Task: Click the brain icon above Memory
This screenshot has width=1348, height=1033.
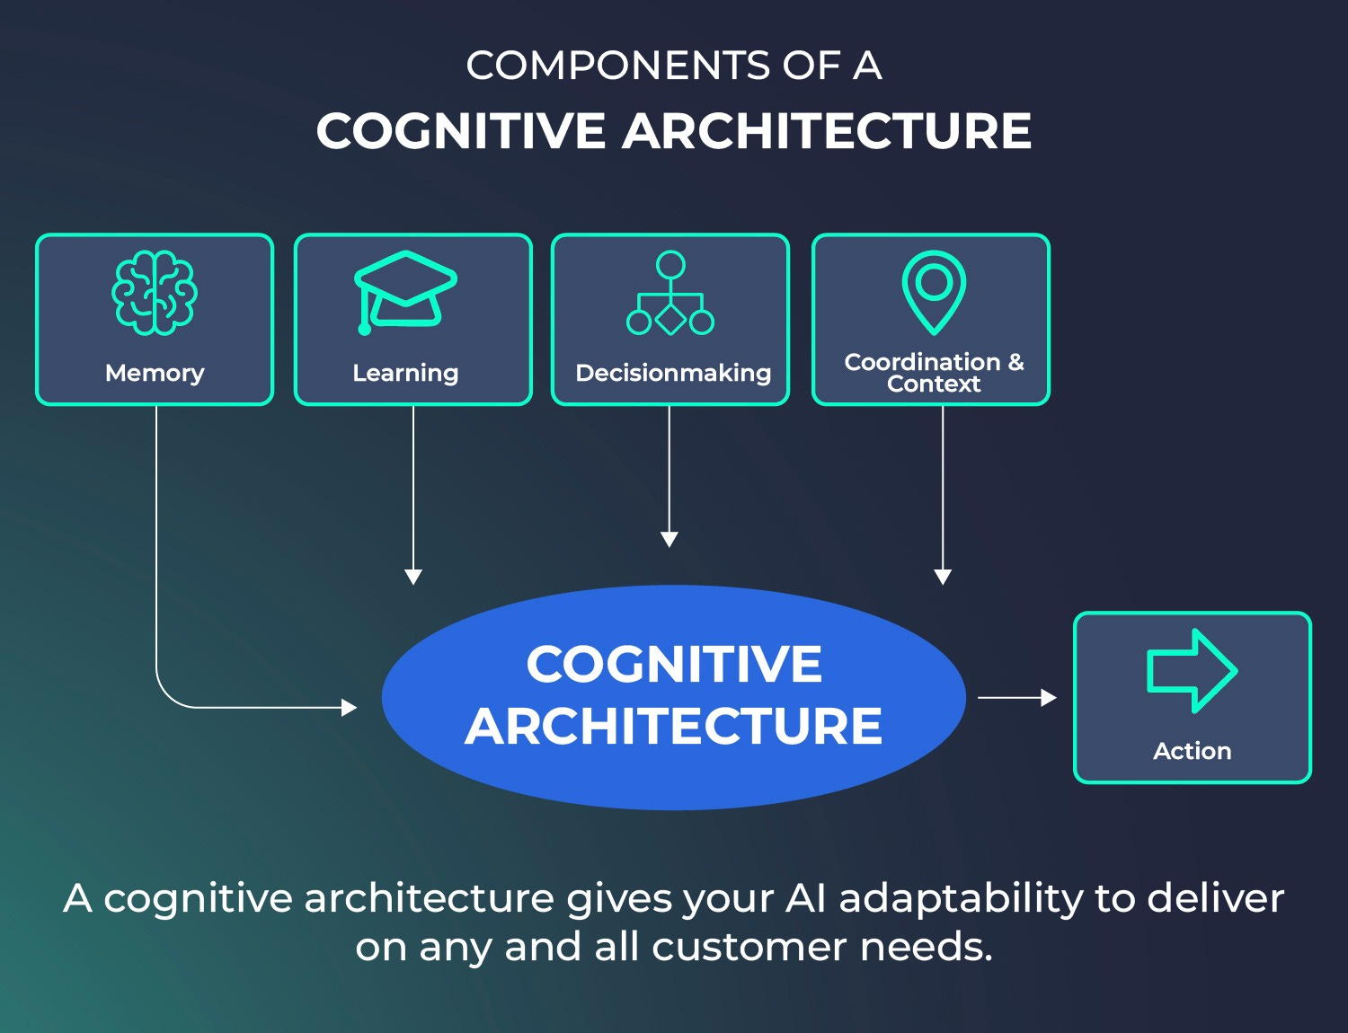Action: pyautogui.click(x=155, y=293)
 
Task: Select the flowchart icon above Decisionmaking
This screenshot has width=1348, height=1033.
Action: pyautogui.click(x=670, y=294)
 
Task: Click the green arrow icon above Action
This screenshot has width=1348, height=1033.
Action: pyautogui.click(x=1192, y=671)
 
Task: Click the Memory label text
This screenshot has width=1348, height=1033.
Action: pyautogui.click(x=155, y=373)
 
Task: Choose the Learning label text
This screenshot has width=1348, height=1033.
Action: pyautogui.click(x=405, y=373)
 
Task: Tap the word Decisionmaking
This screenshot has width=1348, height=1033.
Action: pyautogui.click(x=673, y=373)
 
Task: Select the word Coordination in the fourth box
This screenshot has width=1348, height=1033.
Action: pyautogui.click(x=922, y=362)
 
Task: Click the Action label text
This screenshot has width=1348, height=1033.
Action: pyautogui.click(x=1192, y=751)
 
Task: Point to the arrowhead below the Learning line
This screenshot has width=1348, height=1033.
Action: pyautogui.click(x=413, y=577)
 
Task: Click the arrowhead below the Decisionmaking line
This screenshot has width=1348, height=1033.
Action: pyautogui.click(x=670, y=539)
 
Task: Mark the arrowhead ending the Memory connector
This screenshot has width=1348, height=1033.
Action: pyautogui.click(x=350, y=708)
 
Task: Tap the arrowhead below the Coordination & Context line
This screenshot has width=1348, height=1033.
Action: pyautogui.click(x=943, y=577)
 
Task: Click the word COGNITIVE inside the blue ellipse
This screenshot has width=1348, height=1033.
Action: pyautogui.click(x=674, y=665)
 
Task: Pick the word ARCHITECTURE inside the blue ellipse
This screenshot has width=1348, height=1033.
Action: pyautogui.click(x=674, y=726)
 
